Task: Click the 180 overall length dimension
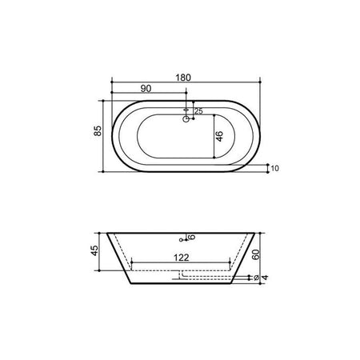click(x=183, y=78)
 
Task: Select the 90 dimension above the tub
click(x=146, y=89)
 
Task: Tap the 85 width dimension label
click(x=98, y=130)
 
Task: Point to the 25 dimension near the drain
click(x=198, y=111)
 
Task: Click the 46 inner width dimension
click(x=219, y=136)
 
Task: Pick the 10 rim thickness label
click(x=274, y=168)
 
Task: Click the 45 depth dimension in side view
click(x=94, y=250)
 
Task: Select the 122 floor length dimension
click(x=182, y=258)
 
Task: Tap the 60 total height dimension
click(x=256, y=254)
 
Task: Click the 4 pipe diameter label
click(x=265, y=278)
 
